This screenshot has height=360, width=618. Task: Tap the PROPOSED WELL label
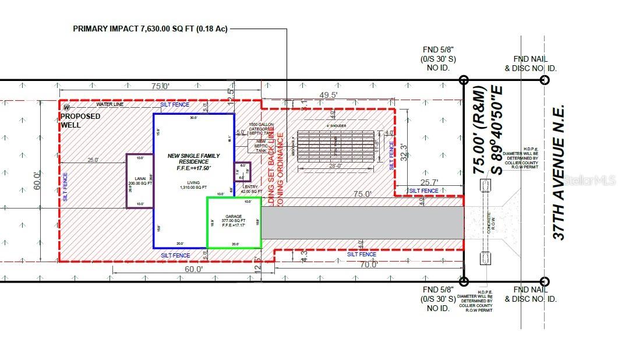[80, 120]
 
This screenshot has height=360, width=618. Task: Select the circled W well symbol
[66, 107]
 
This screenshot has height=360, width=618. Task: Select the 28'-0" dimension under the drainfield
[334, 166]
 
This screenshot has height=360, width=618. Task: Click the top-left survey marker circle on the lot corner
[464, 80]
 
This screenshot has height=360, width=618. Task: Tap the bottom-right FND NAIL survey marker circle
[545, 281]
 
